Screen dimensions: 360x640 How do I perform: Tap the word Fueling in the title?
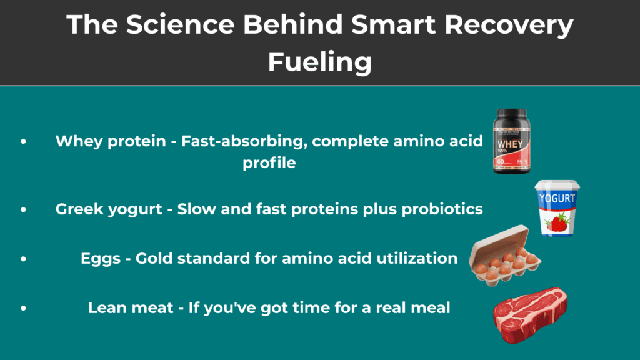[320, 62]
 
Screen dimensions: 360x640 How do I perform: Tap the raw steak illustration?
[530, 316]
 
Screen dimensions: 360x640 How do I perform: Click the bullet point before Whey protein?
[23, 141]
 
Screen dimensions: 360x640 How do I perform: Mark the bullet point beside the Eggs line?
[23, 258]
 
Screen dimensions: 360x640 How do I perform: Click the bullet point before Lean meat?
[23, 307]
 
